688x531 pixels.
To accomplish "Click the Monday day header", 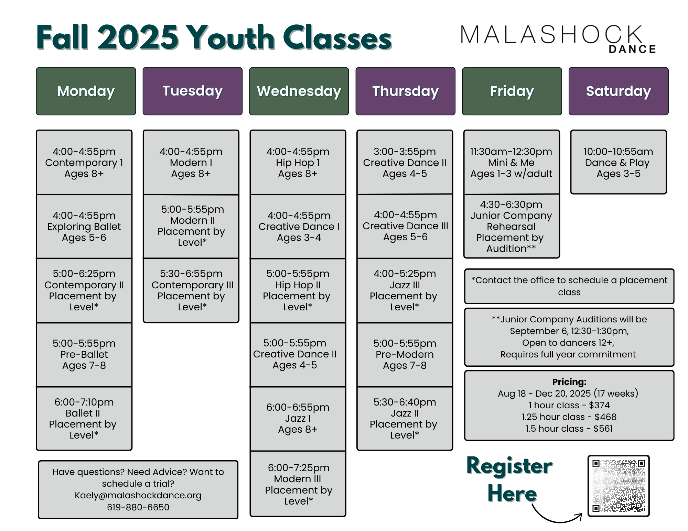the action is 86,91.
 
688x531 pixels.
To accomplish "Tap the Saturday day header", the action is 619,91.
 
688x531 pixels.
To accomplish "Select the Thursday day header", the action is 405,91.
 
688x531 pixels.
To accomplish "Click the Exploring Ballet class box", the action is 84,226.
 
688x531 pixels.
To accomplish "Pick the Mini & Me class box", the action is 512,162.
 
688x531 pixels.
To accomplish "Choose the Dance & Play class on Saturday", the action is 619,162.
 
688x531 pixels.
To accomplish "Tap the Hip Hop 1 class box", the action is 298,162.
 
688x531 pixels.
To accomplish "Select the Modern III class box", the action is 298,484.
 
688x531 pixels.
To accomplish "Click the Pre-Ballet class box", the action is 84,355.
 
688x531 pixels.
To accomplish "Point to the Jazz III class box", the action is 405,290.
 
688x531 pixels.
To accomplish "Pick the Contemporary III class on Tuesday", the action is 191,290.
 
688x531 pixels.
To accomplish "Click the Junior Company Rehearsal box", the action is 512,226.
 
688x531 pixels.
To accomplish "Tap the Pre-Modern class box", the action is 405,355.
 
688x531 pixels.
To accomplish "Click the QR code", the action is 619,486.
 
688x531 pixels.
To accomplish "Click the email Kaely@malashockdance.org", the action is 138,495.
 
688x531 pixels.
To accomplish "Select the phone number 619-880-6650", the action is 138,507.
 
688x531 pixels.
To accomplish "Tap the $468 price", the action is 605,417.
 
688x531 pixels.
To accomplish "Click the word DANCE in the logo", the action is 632,49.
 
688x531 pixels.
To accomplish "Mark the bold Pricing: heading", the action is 569,382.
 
